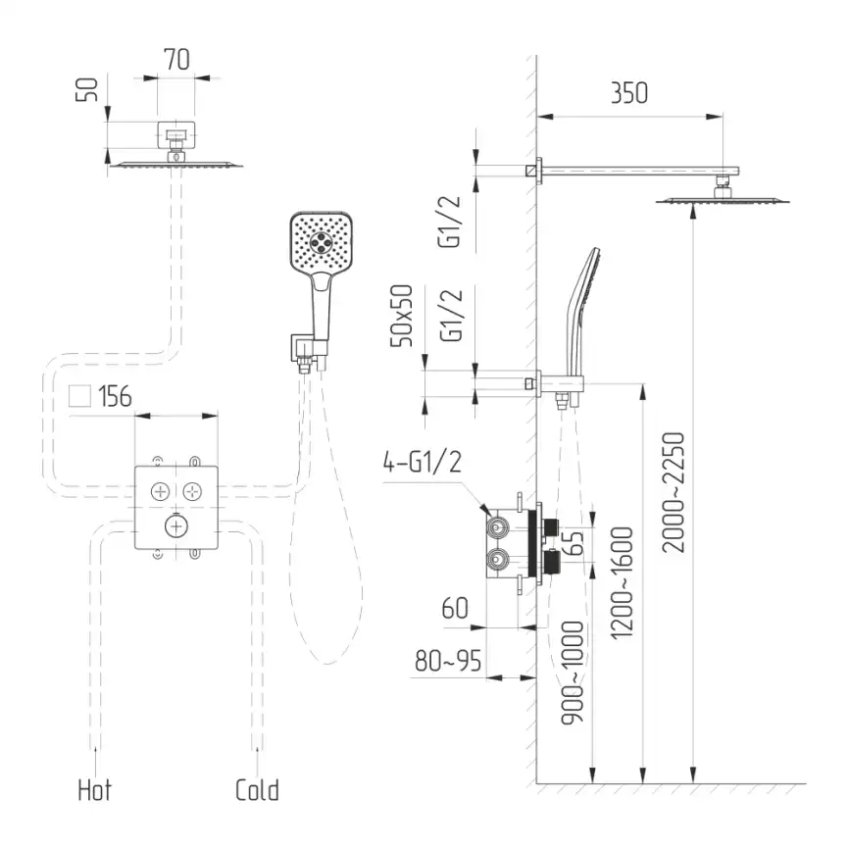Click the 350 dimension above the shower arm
coord(629,93)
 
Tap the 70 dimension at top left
coord(176,60)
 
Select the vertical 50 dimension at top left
coord(87,90)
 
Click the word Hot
coord(95,790)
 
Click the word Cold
coord(257,790)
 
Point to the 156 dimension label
coord(115,396)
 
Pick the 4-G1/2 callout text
coord(422,463)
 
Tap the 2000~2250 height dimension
coord(674,492)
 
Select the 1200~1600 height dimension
coord(622,583)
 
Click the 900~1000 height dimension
coord(573,674)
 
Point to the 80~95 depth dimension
coord(448,661)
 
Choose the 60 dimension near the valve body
coord(455,608)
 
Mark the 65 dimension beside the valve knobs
coord(576,543)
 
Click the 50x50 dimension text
coord(401,316)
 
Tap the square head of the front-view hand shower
coord(322,241)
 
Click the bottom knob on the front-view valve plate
coord(175,525)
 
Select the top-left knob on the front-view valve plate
coord(160,491)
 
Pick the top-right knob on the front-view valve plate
coord(192,491)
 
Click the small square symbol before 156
coord(79,396)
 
